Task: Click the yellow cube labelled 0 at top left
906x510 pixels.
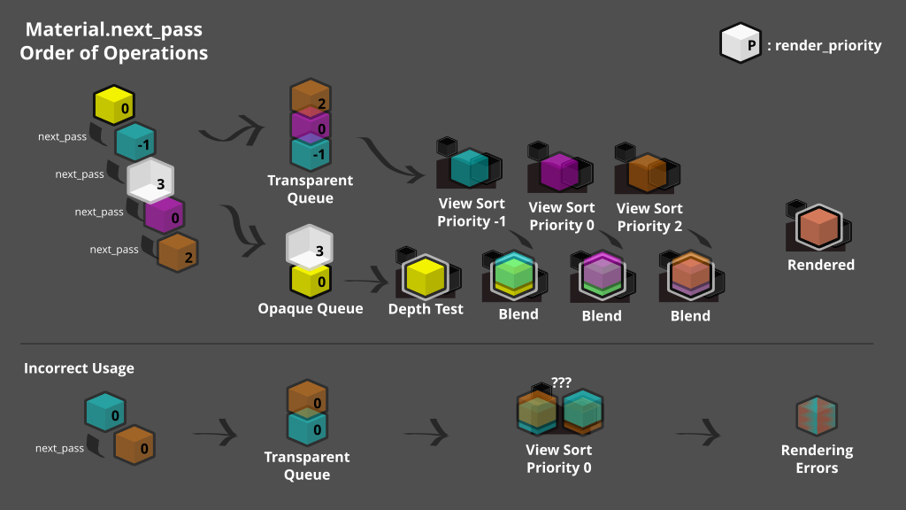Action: tap(114, 107)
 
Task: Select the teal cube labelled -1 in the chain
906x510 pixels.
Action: tap(135, 142)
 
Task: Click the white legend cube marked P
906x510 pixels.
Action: tap(741, 43)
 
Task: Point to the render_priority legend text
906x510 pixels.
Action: tap(828, 45)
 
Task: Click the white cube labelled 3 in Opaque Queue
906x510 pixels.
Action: tap(309, 247)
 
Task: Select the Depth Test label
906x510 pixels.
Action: tap(426, 309)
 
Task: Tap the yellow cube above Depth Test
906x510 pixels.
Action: tap(426, 276)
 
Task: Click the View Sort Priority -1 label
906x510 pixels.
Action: tap(472, 212)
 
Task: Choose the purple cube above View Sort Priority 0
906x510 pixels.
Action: tap(559, 171)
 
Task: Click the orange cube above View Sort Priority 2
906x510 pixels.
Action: tap(647, 172)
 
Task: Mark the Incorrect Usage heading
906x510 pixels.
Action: tap(79, 368)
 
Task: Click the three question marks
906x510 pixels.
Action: tap(561, 382)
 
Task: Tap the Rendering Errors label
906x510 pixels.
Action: tap(817, 459)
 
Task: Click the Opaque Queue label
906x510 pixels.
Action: tap(311, 309)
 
